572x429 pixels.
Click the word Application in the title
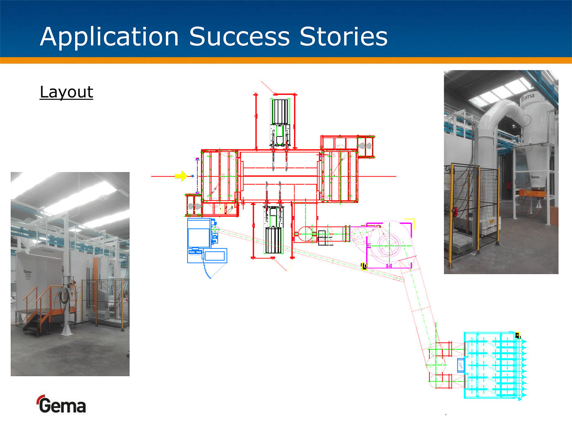(109, 37)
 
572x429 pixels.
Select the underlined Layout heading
(67, 92)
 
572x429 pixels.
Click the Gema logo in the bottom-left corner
(61, 404)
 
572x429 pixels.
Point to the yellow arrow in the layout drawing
(181, 176)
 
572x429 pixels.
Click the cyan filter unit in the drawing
(495, 366)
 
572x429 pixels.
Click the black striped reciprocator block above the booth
(280, 112)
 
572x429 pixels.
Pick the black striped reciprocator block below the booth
(274, 240)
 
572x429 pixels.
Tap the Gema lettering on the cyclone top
(528, 98)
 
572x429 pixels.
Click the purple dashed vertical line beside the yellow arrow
(197, 176)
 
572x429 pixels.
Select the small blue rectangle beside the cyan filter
(461, 365)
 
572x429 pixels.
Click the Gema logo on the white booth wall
(27, 272)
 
